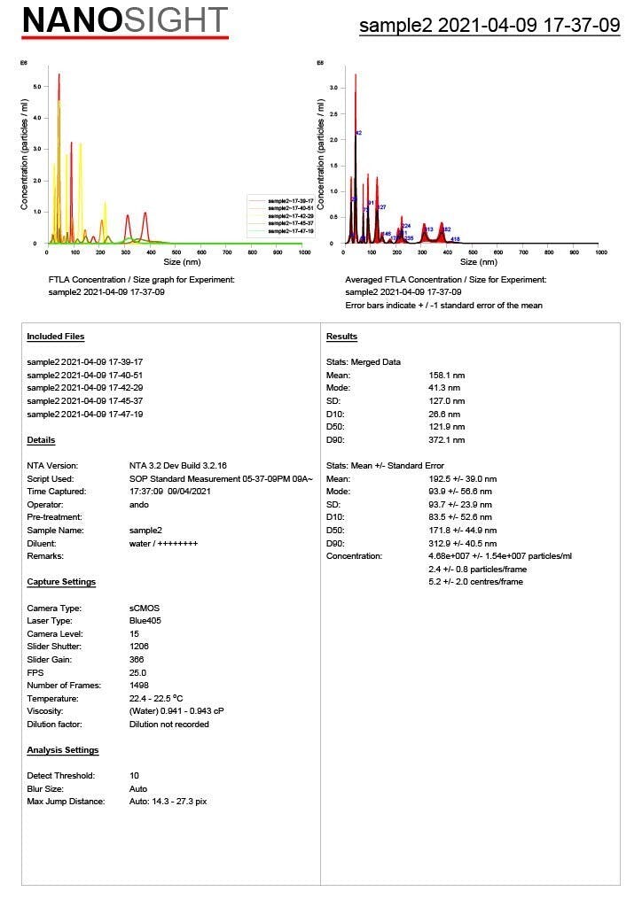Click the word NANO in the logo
tap(71, 19)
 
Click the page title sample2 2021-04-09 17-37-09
tap(489, 26)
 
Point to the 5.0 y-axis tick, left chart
tap(36, 87)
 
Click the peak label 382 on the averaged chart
tap(447, 229)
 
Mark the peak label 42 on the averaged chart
tap(358, 133)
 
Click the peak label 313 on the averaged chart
tap(429, 229)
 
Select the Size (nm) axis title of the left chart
tap(176, 262)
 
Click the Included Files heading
tap(56, 337)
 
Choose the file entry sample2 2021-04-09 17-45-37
tap(85, 401)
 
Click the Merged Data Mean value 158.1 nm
tap(447, 376)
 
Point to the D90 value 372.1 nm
tap(447, 440)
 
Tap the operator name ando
tap(138, 504)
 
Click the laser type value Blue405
tap(147, 621)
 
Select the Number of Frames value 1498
tap(140, 686)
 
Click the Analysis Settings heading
tap(62, 750)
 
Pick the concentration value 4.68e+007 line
tap(500, 556)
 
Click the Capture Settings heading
tap(61, 582)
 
